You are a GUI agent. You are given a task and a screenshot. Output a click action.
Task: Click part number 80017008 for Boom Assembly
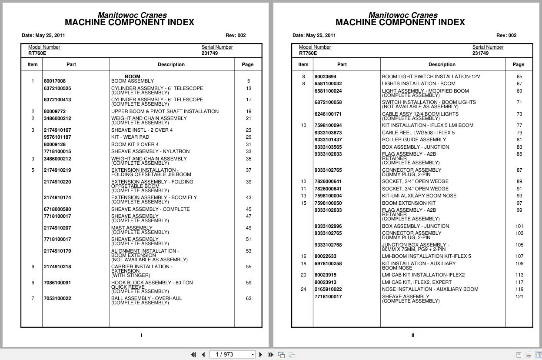tap(55, 81)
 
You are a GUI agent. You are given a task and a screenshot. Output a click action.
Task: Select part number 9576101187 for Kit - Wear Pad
tap(57, 137)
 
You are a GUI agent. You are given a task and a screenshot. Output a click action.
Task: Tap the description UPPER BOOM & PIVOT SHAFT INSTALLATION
tap(165, 111)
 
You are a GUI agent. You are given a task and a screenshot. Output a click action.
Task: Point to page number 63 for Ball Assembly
tap(248, 298)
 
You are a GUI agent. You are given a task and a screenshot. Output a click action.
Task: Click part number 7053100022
tap(57, 298)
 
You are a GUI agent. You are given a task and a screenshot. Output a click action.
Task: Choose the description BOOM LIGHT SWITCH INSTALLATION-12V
tap(431, 77)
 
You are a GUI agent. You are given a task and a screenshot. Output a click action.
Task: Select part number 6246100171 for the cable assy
tap(328, 114)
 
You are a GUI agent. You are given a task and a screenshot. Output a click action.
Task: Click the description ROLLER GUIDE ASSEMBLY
tap(414, 140)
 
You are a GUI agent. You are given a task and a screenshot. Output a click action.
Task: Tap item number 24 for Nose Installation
tap(303, 289)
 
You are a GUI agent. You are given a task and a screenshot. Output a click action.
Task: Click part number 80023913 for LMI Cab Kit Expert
tap(326, 282)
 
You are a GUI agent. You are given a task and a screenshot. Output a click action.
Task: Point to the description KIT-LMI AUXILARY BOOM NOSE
tap(419, 196)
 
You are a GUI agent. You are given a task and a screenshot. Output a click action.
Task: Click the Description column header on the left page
tap(171, 64)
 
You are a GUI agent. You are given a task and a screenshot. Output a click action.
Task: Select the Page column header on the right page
tap(519, 64)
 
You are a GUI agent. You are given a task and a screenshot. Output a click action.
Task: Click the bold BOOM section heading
tap(133, 77)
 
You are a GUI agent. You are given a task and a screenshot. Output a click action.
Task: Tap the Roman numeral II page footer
tap(413, 335)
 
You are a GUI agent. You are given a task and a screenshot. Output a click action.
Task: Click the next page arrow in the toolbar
tap(260, 355)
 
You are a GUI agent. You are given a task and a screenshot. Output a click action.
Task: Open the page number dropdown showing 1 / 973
tap(253, 355)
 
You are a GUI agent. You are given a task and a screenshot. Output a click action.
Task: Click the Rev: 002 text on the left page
tap(236, 35)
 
